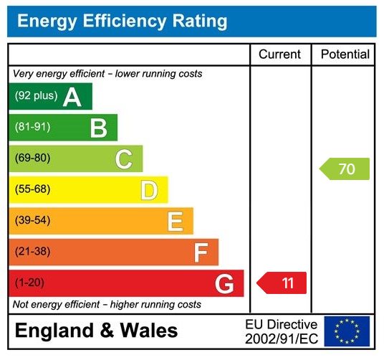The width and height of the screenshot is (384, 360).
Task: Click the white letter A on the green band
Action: [72, 97]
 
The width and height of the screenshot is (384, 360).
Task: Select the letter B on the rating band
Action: [98, 128]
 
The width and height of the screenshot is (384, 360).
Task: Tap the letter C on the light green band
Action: [124, 158]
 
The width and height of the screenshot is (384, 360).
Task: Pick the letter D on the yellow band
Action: [149, 190]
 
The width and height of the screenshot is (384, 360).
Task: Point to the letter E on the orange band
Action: [175, 221]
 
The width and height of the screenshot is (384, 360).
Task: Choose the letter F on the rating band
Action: [201, 252]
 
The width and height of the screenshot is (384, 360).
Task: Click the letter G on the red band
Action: [224, 284]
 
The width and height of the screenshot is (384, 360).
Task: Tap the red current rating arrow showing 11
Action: [282, 283]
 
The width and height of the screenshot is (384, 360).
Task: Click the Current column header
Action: [280, 55]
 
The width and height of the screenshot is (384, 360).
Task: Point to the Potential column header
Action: [345, 55]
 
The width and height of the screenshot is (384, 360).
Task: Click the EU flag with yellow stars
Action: [347, 331]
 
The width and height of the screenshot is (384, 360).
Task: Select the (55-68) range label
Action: [33, 189]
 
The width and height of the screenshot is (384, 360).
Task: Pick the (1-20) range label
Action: [30, 283]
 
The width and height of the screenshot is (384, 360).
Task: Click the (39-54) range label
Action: [33, 220]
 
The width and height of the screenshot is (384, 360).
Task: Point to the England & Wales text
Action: [96, 331]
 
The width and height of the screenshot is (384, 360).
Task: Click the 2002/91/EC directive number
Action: [281, 338]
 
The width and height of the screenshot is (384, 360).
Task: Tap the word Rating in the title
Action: [193, 22]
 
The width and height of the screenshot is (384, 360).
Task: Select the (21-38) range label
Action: [33, 252]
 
